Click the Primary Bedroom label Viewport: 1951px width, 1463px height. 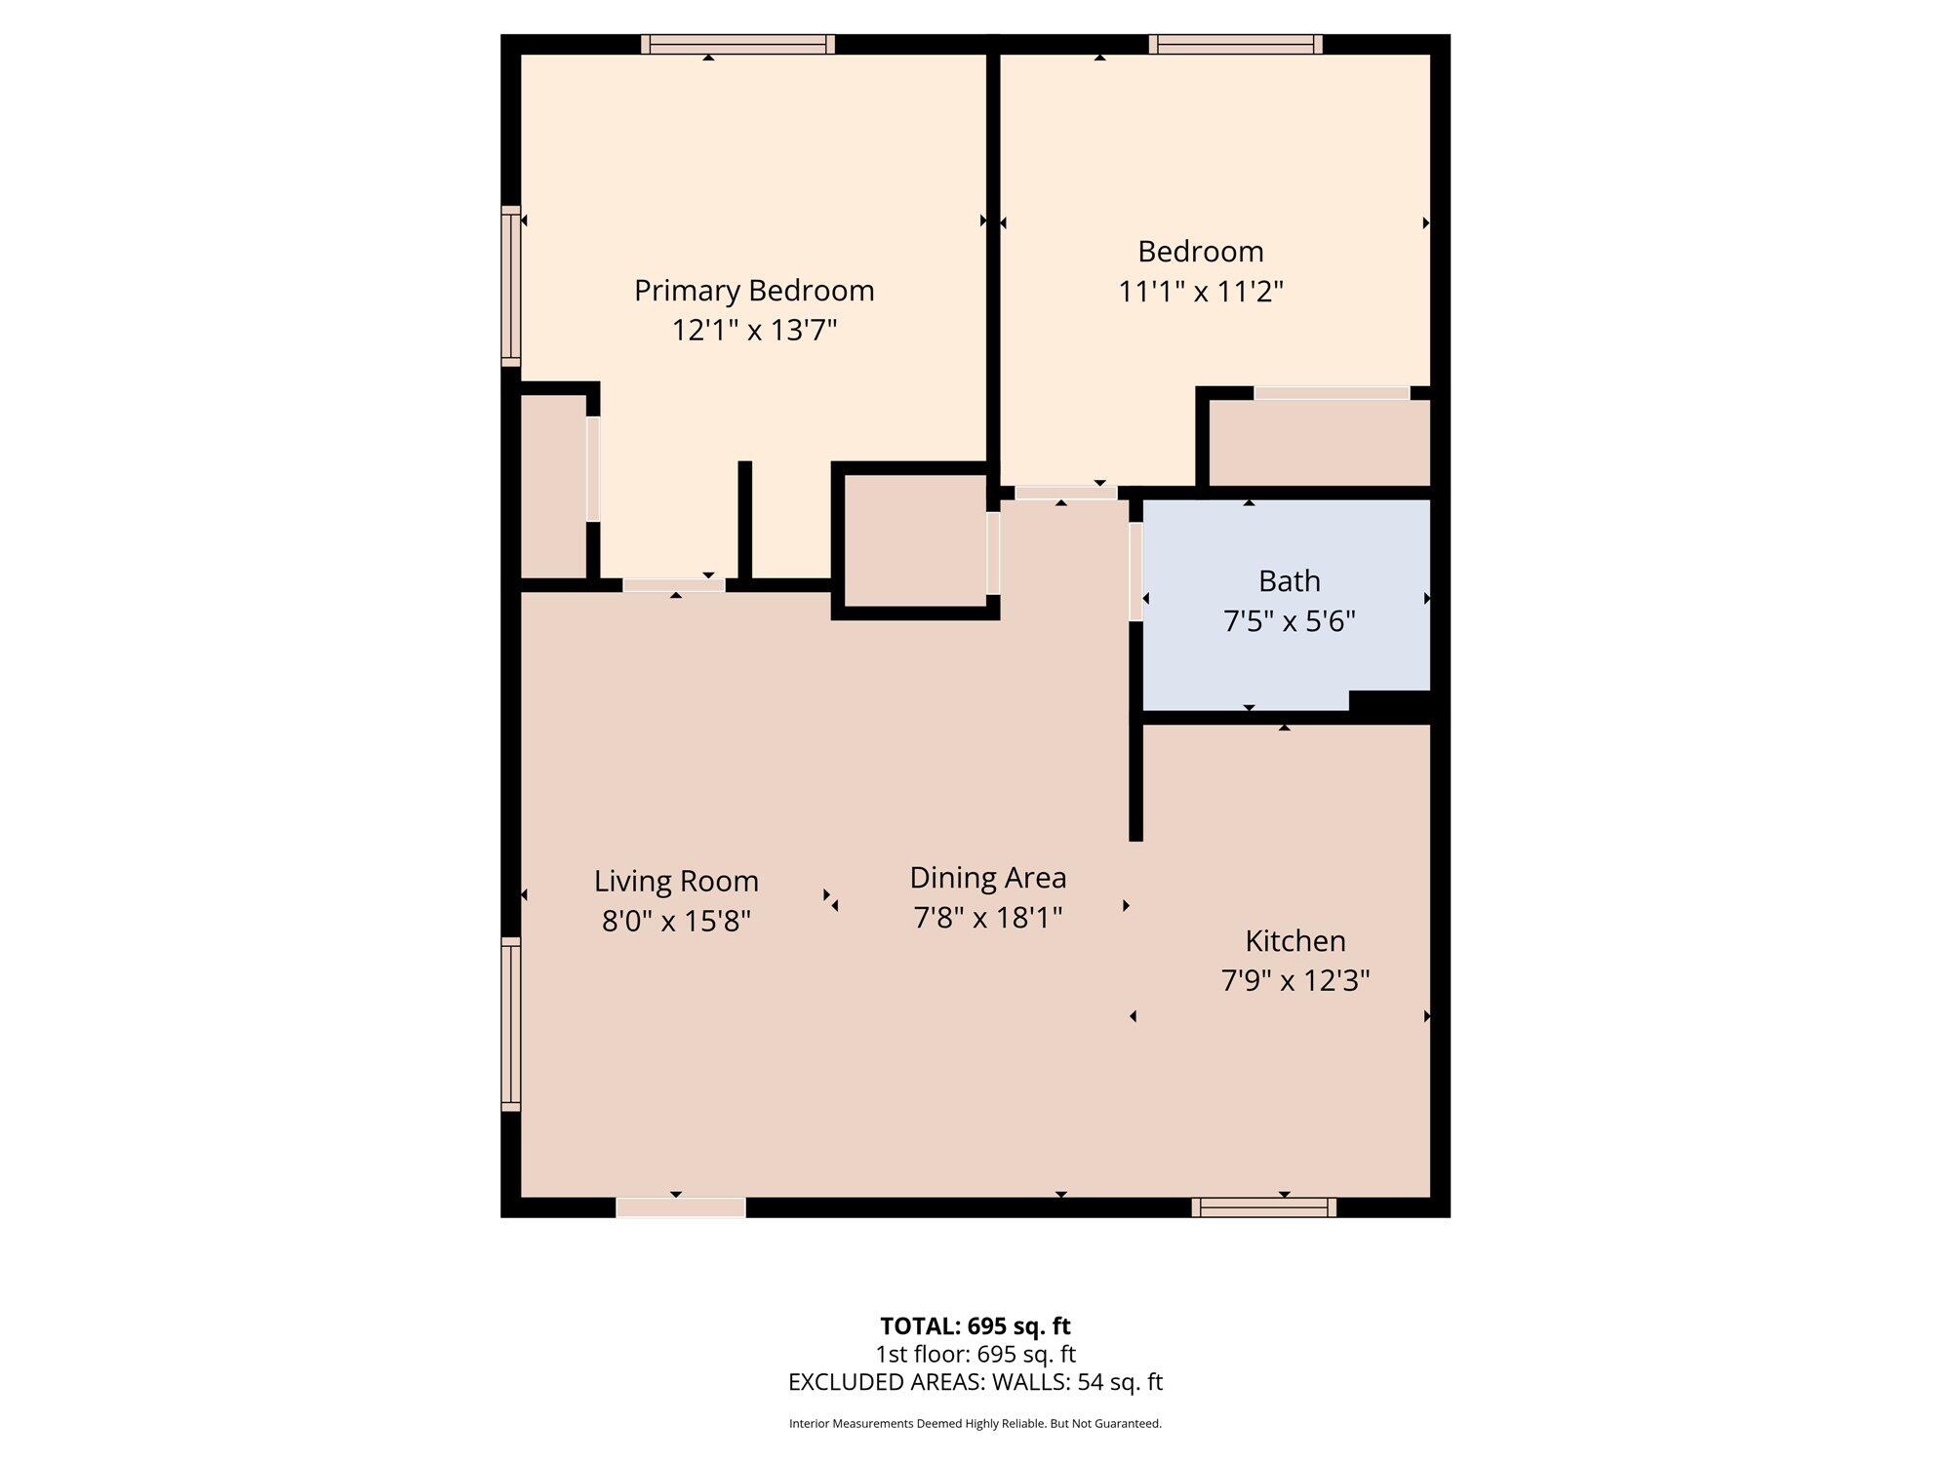point(754,291)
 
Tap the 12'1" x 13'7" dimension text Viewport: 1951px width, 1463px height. point(754,331)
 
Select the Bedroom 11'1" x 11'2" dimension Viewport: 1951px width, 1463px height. point(1201,291)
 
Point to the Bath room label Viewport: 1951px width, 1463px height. point(1290,581)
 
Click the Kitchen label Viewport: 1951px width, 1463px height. point(1295,941)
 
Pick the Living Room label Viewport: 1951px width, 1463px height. point(676,882)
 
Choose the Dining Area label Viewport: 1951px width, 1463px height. point(988,878)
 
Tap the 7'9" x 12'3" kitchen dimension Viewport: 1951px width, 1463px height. point(1295,980)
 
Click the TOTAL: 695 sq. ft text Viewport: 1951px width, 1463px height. point(975,1326)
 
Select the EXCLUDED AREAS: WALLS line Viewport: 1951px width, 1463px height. point(975,1382)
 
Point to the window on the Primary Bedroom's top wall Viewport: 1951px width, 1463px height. point(737,44)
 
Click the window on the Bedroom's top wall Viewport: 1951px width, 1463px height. point(1235,44)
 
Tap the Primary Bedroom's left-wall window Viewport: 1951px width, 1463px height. point(510,286)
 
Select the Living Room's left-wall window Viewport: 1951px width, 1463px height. point(510,1024)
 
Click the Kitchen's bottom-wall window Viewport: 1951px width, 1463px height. point(1263,1207)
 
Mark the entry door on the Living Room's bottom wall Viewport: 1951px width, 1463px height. point(681,1207)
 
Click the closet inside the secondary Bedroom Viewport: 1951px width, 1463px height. point(1320,443)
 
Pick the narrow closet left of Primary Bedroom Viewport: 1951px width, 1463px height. point(553,486)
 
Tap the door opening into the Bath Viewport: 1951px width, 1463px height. point(1135,572)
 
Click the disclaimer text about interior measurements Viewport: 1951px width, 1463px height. point(975,1424)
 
